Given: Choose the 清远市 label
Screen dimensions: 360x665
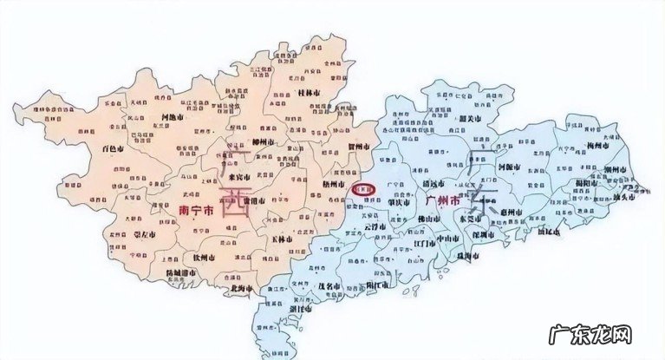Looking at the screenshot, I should (x=425, y=183).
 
